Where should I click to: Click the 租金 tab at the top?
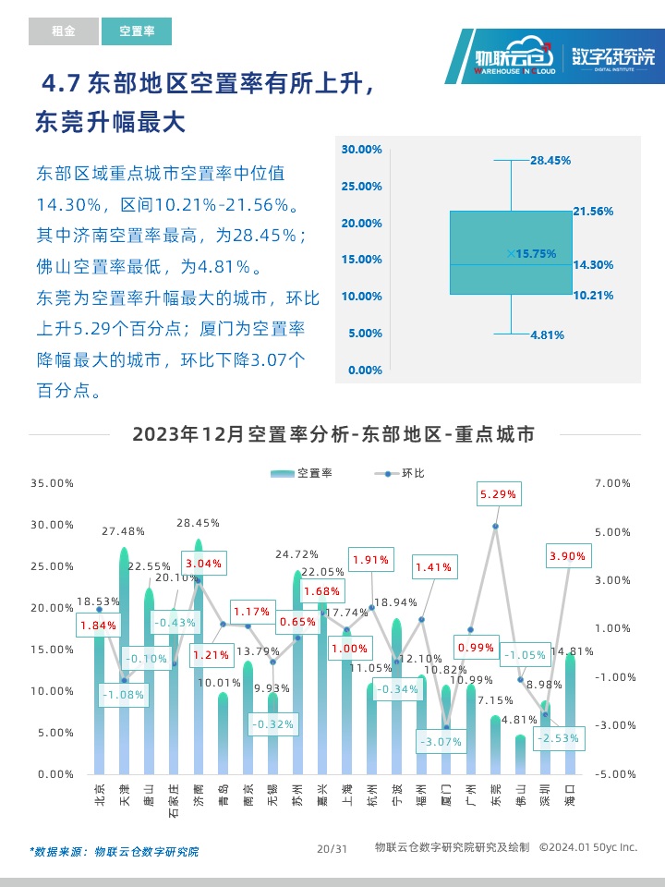63,31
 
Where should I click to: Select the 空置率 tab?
136,31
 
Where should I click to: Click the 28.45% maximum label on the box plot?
550,160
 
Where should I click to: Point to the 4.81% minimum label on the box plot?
547,334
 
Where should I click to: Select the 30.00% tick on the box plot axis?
361,149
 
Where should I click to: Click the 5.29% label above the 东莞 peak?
498,494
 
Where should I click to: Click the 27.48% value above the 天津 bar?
123,531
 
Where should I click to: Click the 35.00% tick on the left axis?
52,483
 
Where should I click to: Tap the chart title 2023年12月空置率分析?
333,434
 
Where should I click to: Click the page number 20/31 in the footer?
332,848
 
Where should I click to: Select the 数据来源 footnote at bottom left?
114,851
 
